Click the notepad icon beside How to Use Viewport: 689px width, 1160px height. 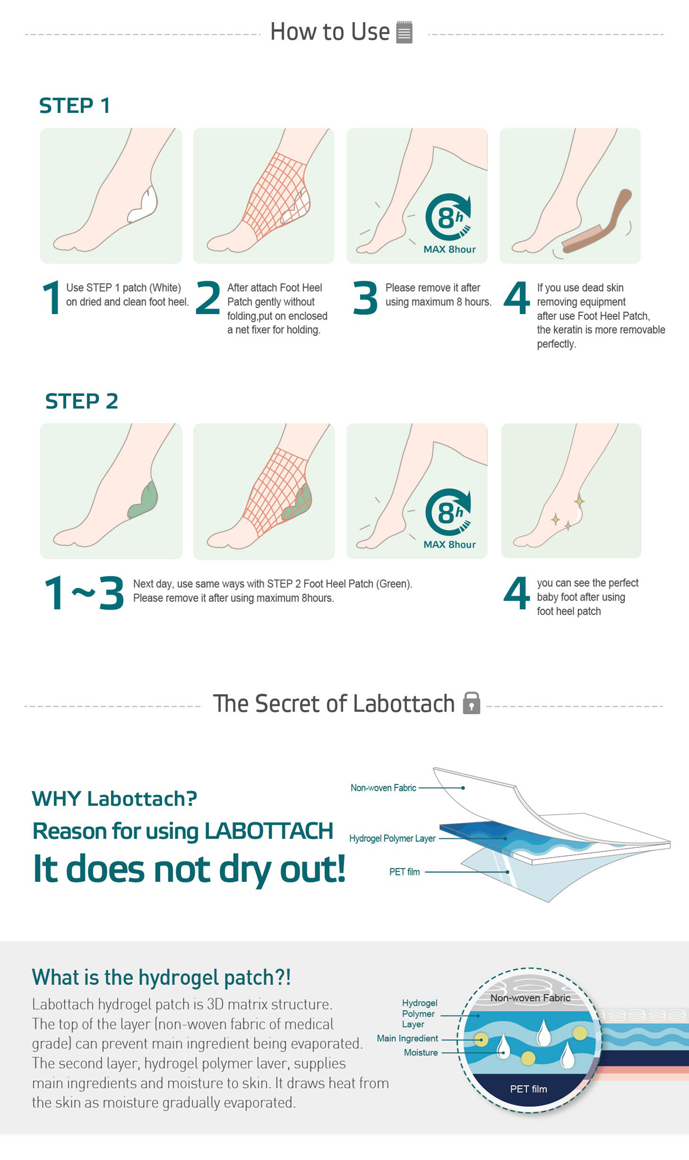click(404, 32)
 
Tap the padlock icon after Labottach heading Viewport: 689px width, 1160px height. click(472, 703)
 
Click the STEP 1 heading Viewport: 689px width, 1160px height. click(75, 105)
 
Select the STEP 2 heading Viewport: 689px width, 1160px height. click(81, 401)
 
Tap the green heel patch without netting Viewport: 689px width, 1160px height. click(143, 500)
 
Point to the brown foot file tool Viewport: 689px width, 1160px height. click(596, 222)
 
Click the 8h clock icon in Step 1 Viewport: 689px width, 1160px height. click(448, 217)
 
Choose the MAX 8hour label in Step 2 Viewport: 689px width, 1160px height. click(449, 544)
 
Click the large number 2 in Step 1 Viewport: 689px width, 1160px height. click(208, 297)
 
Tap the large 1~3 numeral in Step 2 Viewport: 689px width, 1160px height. click(84, 593)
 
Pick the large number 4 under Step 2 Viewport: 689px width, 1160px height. click(516, 593)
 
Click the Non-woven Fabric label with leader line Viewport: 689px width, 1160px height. click(383, 788)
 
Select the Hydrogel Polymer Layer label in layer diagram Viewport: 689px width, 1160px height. click(392, 838)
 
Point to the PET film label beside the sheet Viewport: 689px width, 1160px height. click(405, 872)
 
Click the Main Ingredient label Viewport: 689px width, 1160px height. click(407, 1038)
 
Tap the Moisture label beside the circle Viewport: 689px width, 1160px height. click(421, 1052)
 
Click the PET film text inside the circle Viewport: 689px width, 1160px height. click(529, 1089)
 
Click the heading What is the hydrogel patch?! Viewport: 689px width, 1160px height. click(161, 977)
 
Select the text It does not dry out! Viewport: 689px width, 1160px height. click(189, 869)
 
